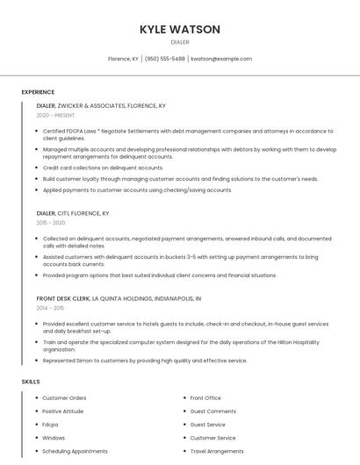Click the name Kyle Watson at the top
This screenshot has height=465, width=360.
pos(180,30)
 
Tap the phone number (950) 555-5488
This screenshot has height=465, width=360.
pos(164,59)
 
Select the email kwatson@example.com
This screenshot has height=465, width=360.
pos(221,59)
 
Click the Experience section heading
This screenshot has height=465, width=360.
pos(38,92)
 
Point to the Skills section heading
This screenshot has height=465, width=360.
pos(31,382)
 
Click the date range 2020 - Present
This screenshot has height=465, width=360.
pos(55,115)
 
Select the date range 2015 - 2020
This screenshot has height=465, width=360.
pos(51,224)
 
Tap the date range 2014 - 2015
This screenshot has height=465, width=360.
pos(51,308)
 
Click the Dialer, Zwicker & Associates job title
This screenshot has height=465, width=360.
pos(101,105)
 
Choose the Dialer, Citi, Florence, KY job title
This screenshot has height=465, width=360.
pos(73,213)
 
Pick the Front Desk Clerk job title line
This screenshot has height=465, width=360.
pos(119,298)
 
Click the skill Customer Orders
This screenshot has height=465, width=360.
pos(64,398)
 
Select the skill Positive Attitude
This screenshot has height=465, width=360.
pos(63,411)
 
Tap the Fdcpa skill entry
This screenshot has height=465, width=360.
pos(50,425)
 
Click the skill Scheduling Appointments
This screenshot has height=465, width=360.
pos(75,451)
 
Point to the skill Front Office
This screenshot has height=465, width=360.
pos(205,398)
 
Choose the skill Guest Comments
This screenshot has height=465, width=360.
pos(213,411)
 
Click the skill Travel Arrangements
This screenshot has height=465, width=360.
pos(217,451)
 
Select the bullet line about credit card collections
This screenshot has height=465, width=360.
pos(103,168)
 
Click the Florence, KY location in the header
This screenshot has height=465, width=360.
pos(123,59)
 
